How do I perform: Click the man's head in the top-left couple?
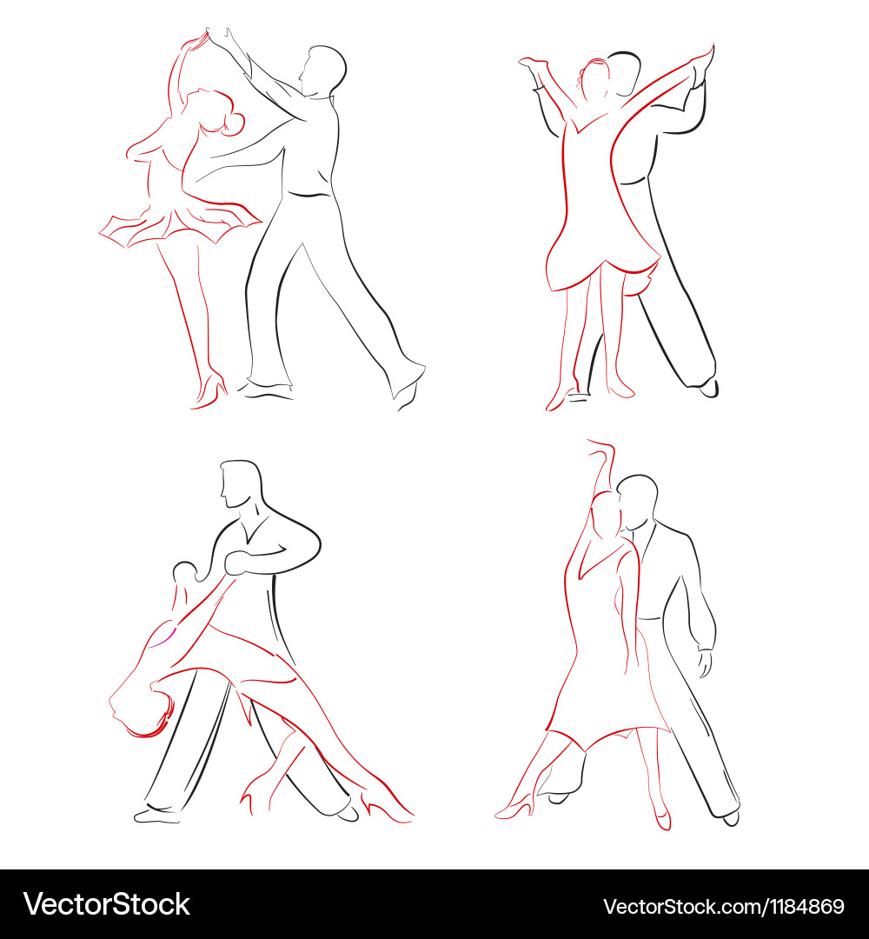[323, 70]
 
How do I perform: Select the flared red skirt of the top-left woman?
[180, 224]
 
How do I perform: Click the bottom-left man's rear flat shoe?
[156, 815]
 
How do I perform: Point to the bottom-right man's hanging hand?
[706, 663]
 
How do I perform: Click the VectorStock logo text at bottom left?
[107, 904]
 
